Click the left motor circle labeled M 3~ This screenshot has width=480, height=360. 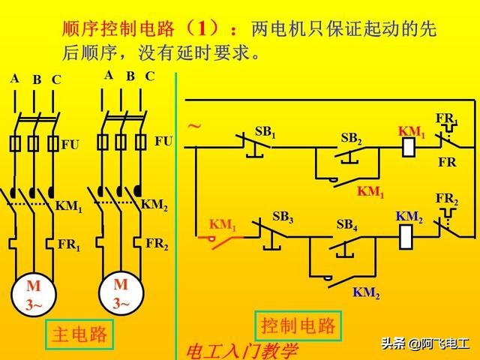[x=34, y=295]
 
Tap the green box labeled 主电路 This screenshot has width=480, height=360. [x=79, y=334]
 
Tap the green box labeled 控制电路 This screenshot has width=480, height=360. [x=298, y=325]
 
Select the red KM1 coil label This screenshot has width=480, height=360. [x=411, y=131]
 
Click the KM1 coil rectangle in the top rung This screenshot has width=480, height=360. [x=409, y=147]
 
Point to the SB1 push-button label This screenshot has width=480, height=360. [x=265, y=132]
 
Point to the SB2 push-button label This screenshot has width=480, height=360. [x=352, y=138]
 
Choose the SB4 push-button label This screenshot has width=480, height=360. [x=346, y=223]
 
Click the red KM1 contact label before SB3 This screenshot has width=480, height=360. [x=222, y=223]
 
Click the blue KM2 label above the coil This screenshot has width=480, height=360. [x=409, y=216]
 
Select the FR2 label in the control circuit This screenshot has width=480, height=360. [x=447, y=199]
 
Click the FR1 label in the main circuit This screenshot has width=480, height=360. [x=68, y=244]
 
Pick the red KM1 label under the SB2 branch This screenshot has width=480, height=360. [x=370, y=192]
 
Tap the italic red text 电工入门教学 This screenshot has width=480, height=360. [x=241, y=350]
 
